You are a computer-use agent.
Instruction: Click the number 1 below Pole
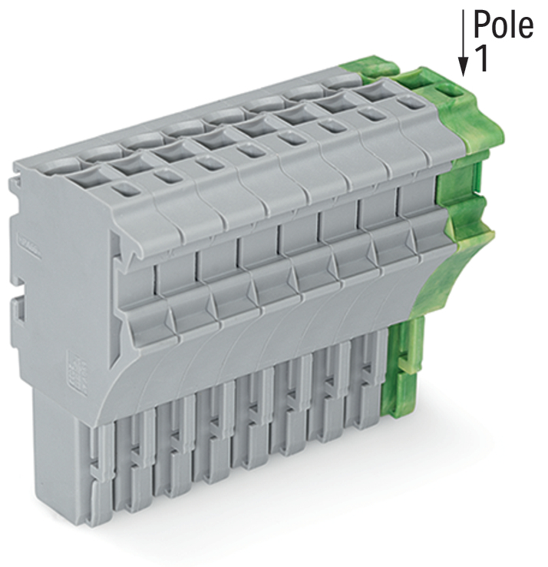481,58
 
